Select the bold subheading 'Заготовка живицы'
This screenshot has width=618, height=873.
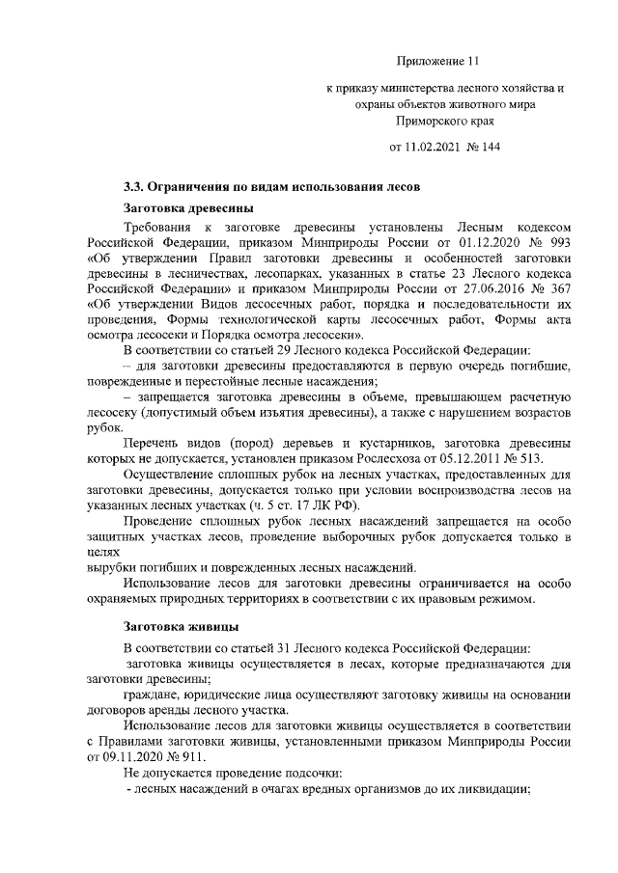coord(179,626)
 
